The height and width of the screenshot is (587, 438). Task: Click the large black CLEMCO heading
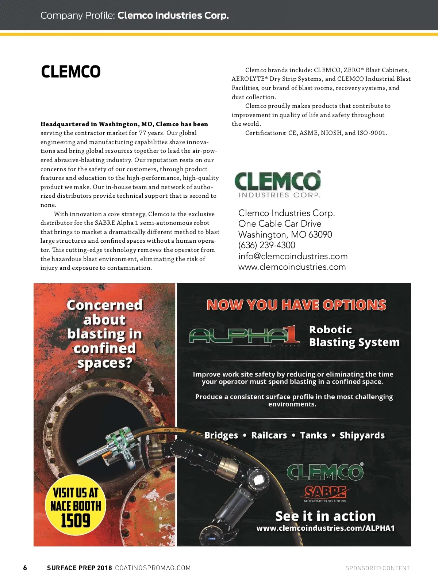click(x=71, y=72)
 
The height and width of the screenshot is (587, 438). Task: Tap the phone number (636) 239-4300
click(x=267, y=245)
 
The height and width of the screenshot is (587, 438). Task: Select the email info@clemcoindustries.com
click(x=293, y=256)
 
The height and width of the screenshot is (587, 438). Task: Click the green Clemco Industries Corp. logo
click(x=278, y=185)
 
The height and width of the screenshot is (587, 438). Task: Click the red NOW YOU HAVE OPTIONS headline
click(x=296, y=305)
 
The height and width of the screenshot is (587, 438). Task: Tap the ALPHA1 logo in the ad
click(x=245, y=336)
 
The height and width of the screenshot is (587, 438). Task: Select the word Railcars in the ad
click(x=269, y=435)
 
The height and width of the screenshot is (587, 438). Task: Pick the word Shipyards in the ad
click(x=362, y=435)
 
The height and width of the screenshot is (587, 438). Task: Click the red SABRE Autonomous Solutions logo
click(x=325, y=494)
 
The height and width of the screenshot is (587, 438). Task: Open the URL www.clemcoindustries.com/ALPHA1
click(x=325, y=528)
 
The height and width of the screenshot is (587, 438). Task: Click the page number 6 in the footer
click(x=25, y=568)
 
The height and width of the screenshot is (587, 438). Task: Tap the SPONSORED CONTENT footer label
click(x=377, y=568)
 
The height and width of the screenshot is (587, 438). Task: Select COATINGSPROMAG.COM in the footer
click(x=153, y=568)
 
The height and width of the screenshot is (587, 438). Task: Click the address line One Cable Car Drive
click(x=280, y=224)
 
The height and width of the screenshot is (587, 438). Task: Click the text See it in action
click(x=325, y=516)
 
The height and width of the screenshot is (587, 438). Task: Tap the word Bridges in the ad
click(x=221, y=435)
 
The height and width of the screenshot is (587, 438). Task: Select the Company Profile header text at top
click(x=135, y=15)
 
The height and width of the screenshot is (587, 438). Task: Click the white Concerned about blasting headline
click(x=104, y=334)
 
